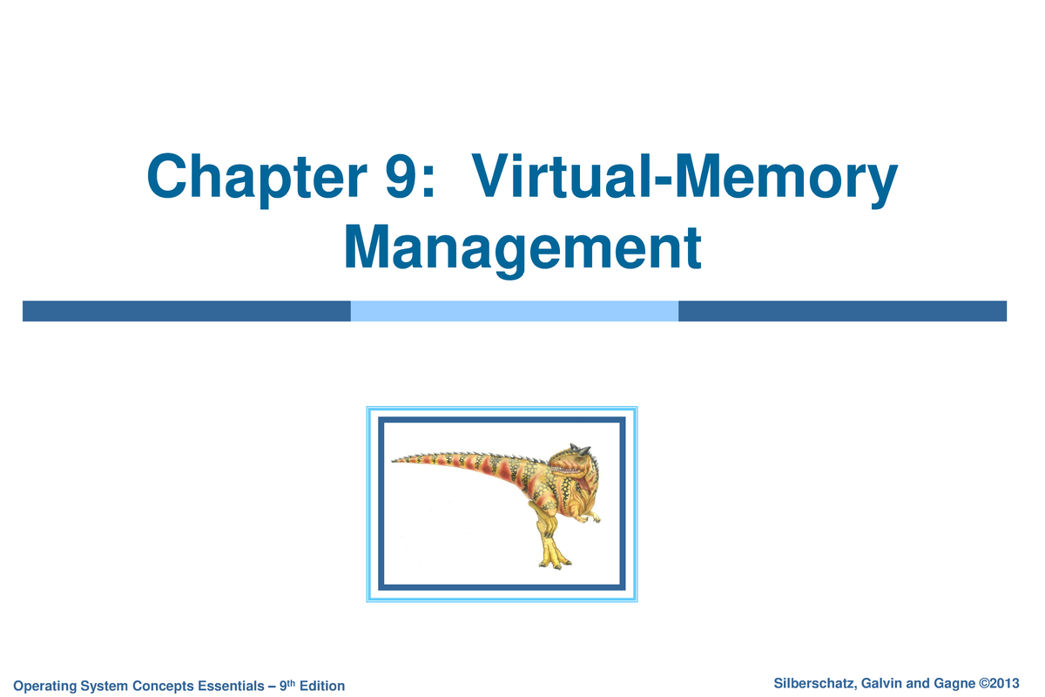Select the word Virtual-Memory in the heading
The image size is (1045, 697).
(683, 179)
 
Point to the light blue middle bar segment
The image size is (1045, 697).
(514, 311)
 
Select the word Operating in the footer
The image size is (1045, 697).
(44, 687)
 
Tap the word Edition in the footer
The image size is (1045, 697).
(321, 687)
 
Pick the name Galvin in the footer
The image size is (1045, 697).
(879, 683)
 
